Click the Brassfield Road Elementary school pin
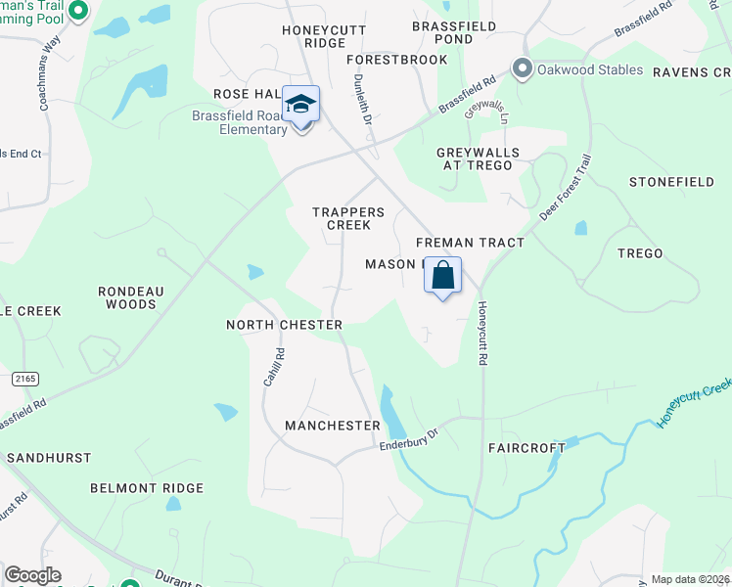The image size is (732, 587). point(301,106)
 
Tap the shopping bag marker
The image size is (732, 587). point(442,277)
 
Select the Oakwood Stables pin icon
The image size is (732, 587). point(522,69)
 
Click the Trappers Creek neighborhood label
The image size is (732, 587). point(342,218)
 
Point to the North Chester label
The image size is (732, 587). point(284,325)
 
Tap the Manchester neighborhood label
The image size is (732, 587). point(332,426)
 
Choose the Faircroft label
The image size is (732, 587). point(526,448)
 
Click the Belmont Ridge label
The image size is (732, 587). point(147,488)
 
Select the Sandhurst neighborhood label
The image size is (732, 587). point(49,458)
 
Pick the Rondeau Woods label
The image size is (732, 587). point(126,297)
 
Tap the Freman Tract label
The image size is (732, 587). point(470,243)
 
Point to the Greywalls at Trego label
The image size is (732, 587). point(477,158)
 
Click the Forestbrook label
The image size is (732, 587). point(396,60)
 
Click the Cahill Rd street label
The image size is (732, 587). point(273,367)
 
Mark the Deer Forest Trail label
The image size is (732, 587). point(565,188)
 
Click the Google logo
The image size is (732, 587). point(32,575)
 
